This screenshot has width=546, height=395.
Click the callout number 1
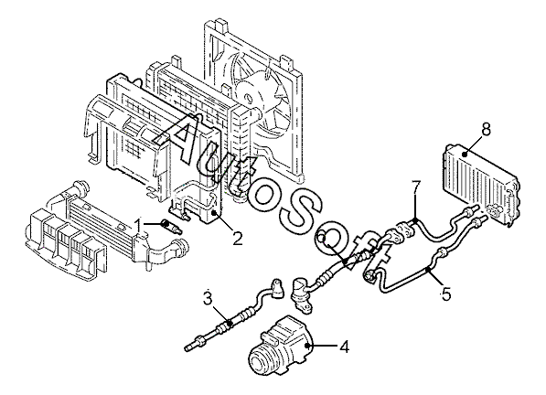pos(139,225)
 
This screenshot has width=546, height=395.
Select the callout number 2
pos(238,239)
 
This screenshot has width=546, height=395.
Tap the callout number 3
pos(208,299)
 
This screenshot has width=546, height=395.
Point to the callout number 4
pos(344,347)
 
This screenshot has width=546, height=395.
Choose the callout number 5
pos(445,294)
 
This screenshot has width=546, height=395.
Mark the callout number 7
pos(416,188)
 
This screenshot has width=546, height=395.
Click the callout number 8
pos(486,129)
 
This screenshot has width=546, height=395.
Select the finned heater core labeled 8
pos(482,182)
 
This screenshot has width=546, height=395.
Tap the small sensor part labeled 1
pos(171,226)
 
